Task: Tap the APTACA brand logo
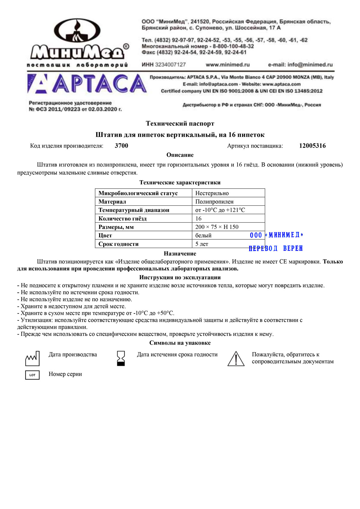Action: coord(87,84)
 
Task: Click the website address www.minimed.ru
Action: coord(227,64)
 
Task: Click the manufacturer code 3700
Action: coord(121,146)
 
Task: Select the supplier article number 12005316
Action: coord(312,146)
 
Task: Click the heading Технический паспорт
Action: coord(180,124)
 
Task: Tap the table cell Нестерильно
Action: coord(212,193)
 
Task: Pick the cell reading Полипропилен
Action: coord(214,202)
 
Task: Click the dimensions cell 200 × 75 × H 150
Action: coord(217,227)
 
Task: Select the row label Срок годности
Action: coord(118,244)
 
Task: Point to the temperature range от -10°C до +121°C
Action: coord(220,210)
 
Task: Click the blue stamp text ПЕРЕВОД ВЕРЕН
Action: coord(276,248)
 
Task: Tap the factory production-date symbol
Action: coord(32,358)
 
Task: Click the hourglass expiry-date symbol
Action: coord(121,358)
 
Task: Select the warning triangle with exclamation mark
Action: coord(236,359)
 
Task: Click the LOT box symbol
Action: coord(32,375)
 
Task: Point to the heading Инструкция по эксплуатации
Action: coord(180,277)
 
